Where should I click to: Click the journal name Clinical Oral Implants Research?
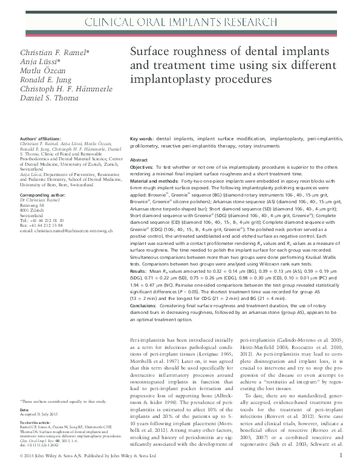click(x=180, y=23)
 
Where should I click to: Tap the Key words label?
click(x=142, y=139)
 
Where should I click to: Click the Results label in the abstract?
click(x=140, y=272)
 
